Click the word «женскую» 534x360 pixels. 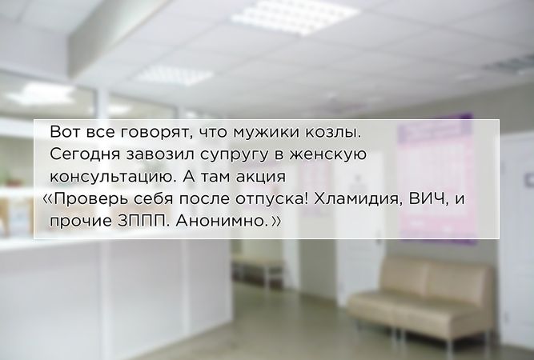(327, 155)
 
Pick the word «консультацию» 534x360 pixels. (112, 177)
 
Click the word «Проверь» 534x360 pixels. (91, 199)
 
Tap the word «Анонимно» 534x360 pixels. (220, 222)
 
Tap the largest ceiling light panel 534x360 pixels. (295, 16)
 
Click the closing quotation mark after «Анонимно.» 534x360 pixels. (276, 222)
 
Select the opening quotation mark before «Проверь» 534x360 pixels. (48, 199)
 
